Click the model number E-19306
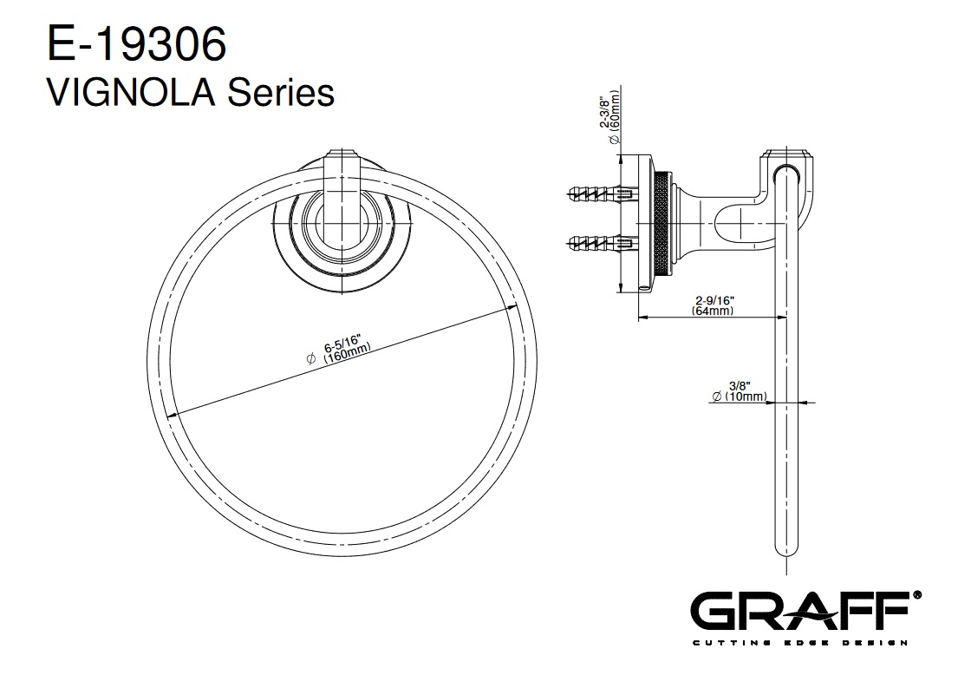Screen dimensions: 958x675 [136, 44]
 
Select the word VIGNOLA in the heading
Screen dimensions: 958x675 [132, 93]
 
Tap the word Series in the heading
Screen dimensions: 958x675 [281, 93]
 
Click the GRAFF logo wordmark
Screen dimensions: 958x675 [802, 612]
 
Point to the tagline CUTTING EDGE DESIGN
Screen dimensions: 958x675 [800, 642]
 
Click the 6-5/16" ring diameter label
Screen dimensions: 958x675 [343, 344]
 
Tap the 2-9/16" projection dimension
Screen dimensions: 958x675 [715, 300]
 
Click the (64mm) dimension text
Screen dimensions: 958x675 [713, 311]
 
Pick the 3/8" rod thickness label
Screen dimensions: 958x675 [740, 386]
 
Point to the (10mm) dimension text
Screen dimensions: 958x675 [746, 396]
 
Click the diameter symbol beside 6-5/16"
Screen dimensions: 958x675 [310, 359]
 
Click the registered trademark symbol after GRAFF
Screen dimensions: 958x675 [916, 595]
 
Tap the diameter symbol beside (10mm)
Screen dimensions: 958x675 [717, 396]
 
